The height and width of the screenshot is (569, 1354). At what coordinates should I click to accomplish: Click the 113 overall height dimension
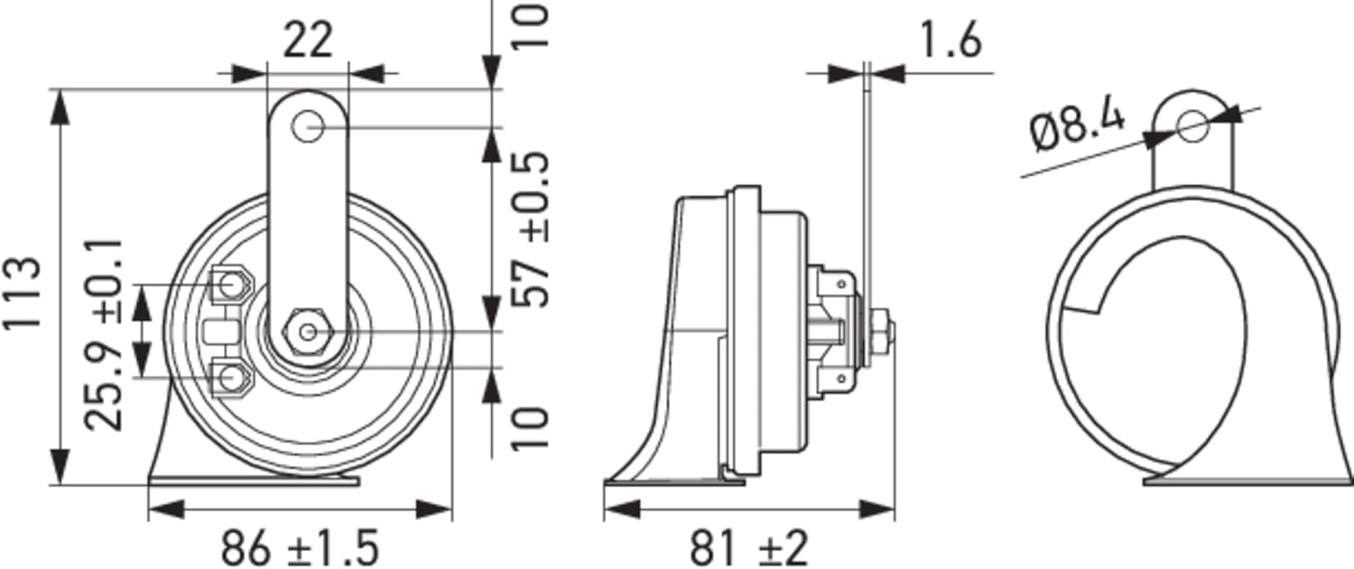[23, 292]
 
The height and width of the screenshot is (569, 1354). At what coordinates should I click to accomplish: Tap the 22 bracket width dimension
[308, 41]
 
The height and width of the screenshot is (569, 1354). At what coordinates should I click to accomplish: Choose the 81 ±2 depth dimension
[748, 548]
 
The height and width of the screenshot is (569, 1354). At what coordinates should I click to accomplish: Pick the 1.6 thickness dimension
[951, 41]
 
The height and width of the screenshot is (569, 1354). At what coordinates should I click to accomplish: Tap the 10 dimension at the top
[530, 25]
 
